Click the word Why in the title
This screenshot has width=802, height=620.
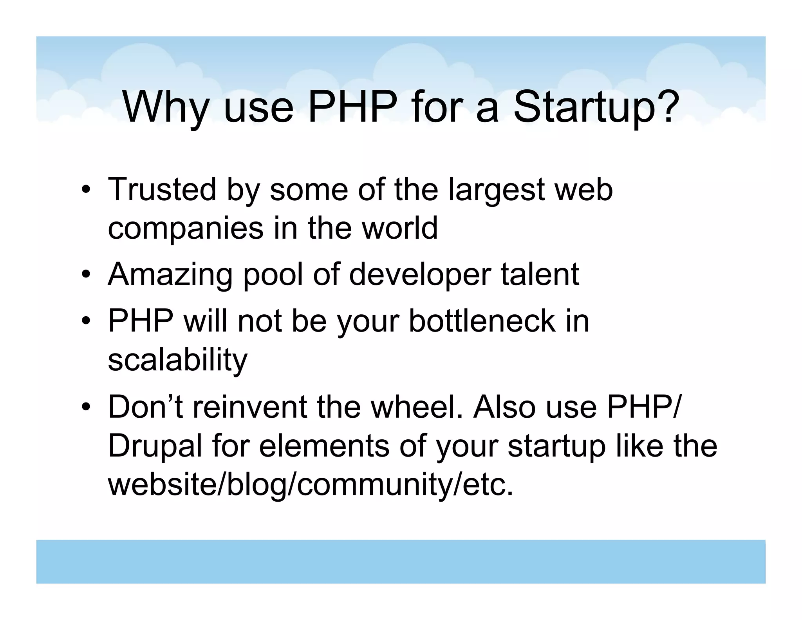165,107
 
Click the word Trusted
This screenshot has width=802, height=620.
162,190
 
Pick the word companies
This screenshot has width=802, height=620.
186,229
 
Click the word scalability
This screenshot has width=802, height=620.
177,361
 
